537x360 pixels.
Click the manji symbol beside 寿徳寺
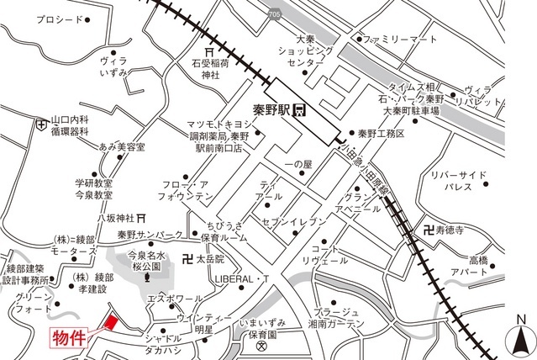[x=431, y=227]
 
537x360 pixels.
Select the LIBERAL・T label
[x=241, y=278]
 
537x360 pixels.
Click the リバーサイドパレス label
[x=458, y=181]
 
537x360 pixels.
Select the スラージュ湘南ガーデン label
[x=340, y=317]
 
